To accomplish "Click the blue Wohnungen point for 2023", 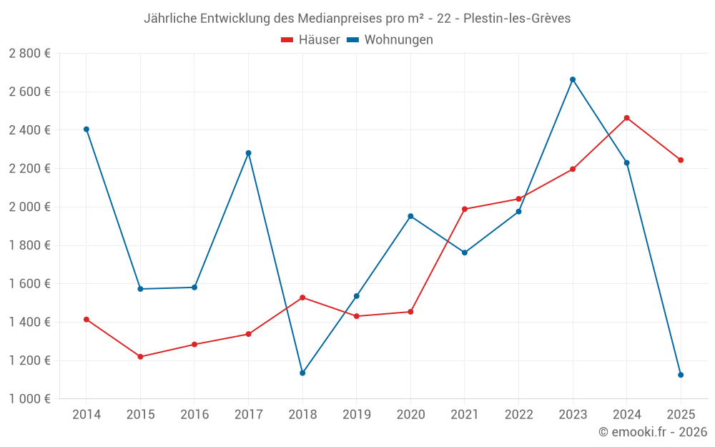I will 573,79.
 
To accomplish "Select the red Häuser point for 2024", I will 627,118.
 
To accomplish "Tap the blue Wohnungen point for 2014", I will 87,129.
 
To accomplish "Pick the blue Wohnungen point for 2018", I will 302,373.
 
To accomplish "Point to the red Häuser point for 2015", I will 140,357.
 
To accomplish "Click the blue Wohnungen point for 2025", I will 681,375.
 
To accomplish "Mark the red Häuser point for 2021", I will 465,209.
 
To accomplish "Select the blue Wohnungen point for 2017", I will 249,153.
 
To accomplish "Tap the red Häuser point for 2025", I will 681,160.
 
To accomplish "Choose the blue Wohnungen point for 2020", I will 410,216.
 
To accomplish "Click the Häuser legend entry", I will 310,40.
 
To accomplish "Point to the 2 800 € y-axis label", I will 29,54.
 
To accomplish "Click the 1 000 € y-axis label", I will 29,399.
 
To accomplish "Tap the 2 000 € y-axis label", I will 29,207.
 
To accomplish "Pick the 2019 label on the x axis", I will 356,415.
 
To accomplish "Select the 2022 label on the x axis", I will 518,415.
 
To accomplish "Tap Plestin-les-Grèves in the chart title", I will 517,19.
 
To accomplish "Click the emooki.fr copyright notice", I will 652,432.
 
